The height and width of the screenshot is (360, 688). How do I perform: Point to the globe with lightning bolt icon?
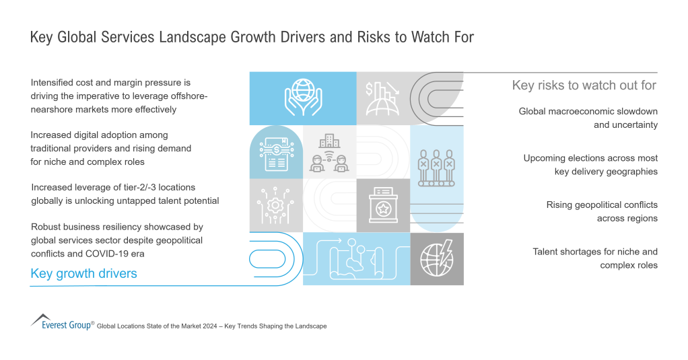pyautogui.click(x=436, y=258)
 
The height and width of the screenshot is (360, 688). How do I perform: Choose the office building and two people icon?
pyautogui.click(x=330, y=154)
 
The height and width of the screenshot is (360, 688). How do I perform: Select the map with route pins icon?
pyautogui.click(x=355, y=258)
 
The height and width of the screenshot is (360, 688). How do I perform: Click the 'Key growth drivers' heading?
pyautogui.click(x=84, y=273)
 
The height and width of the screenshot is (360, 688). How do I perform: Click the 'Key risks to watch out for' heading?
pyautogui.click(x=584, y=85)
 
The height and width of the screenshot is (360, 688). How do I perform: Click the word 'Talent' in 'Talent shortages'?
pyautogui.click(x=547, y=252)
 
